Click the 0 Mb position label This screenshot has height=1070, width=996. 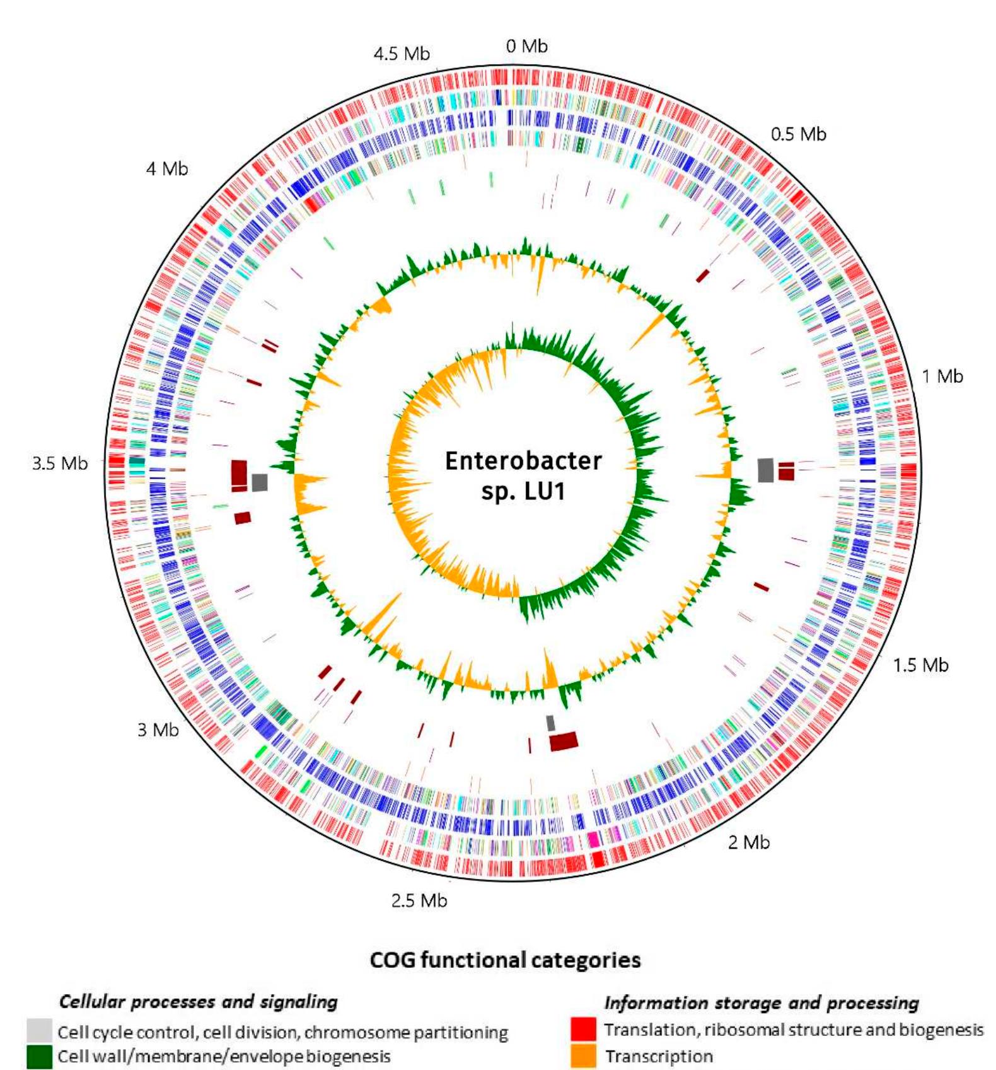click(526, 46)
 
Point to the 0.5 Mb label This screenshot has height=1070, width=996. click(798, 134)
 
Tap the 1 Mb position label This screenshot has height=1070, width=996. click(942, 376)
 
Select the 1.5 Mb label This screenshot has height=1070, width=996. click(920, 665)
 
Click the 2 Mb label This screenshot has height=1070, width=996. click(749, 842)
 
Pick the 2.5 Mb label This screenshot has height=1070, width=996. click(419, 900)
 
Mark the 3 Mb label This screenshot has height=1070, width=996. click(158, 730)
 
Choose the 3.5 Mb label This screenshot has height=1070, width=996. click(60, 463)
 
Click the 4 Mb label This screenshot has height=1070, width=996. click(167, 169)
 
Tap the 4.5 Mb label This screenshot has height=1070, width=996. click(402, 54)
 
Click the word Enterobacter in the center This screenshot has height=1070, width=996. click(523, 461)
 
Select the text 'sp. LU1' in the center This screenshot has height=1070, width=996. click(523, 491)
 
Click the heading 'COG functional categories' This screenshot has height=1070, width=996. click(505, 960)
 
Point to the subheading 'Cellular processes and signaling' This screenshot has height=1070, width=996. click(199, 1002)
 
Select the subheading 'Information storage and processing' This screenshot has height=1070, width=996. click(761, 1003)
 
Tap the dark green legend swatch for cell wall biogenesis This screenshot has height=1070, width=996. click(39, 1057)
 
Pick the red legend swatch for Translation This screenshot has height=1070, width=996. click(583, 1030)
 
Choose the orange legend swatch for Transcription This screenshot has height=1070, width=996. click(583, 1056)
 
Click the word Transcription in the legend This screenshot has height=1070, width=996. click(659, 1057)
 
